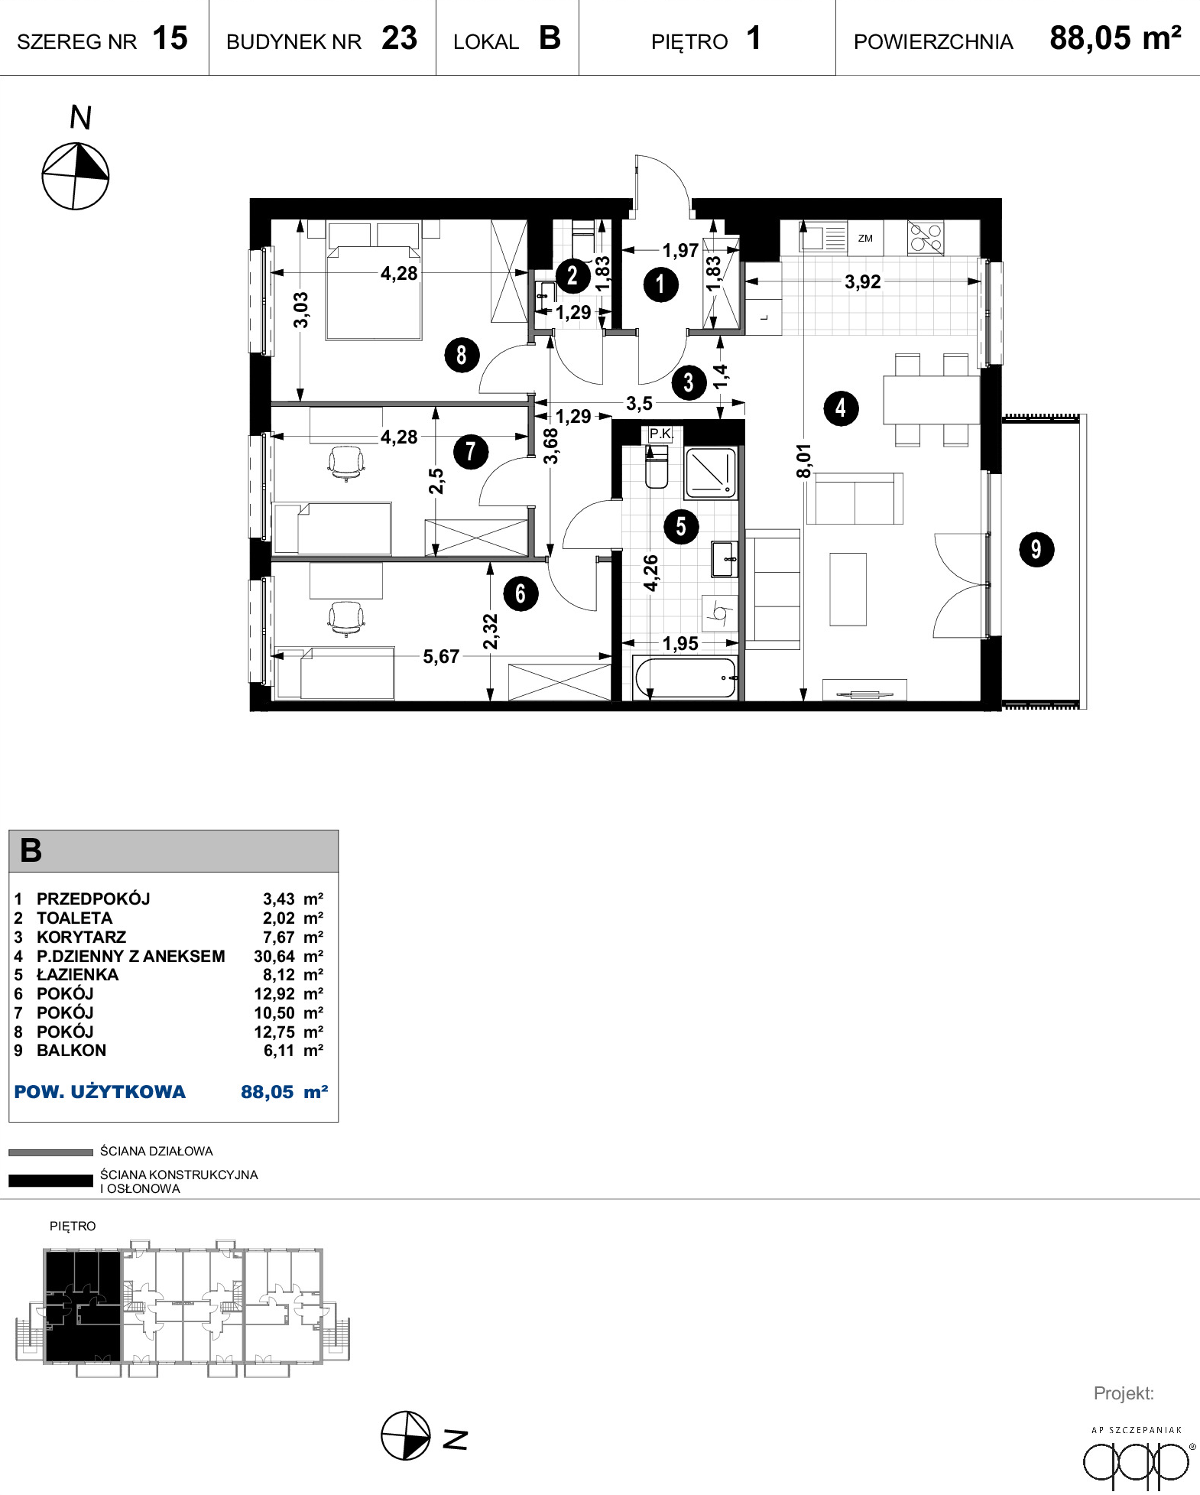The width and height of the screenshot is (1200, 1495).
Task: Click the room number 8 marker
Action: click(462, 355)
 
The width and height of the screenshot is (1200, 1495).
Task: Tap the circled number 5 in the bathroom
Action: click(681, 526)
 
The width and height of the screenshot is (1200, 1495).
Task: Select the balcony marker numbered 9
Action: click(1036, 549)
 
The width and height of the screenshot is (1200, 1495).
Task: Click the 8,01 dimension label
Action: click(803, 461)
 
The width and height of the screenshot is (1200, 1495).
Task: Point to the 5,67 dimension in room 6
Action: click(441, 656)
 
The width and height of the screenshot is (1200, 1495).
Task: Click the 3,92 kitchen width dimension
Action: click(863, 281)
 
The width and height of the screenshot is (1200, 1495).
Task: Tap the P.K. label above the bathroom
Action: click(660, 434)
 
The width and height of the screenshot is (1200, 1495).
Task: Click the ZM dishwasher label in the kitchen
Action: click(865, 239)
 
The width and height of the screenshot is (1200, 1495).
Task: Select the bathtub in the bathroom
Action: click(686, 678)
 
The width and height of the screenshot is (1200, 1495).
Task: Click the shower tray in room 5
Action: click(711, 473)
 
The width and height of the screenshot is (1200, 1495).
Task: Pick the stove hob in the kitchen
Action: click(926, 237)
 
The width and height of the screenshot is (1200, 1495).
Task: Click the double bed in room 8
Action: click(374, 281)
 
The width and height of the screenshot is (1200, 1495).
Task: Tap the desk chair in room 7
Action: click(346, 463)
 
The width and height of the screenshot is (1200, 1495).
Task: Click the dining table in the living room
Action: click(932, 399)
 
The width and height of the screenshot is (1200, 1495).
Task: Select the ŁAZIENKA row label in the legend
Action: click(78, 974)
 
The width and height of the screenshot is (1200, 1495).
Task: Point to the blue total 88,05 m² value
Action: click(284, 1092)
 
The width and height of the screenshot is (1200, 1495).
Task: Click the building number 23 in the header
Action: click(400, 38)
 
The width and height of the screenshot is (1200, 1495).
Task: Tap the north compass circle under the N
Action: click(75, 176)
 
